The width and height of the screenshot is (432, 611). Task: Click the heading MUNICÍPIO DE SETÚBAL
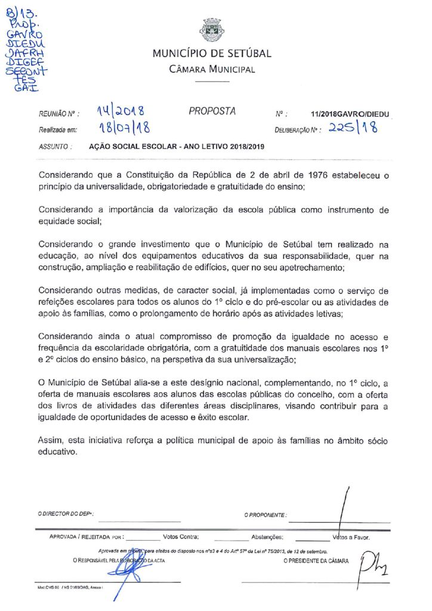[212, 54]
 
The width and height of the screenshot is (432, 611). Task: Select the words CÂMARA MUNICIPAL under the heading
[212, 69]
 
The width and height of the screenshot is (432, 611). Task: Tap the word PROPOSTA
[212, 111]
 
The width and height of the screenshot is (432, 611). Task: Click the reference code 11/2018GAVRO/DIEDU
[353, 113]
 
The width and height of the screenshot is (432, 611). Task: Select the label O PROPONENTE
[265, 514]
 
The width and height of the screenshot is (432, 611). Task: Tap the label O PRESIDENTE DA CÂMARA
[316, 561]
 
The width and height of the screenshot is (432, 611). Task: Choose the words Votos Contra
[181, 537]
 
